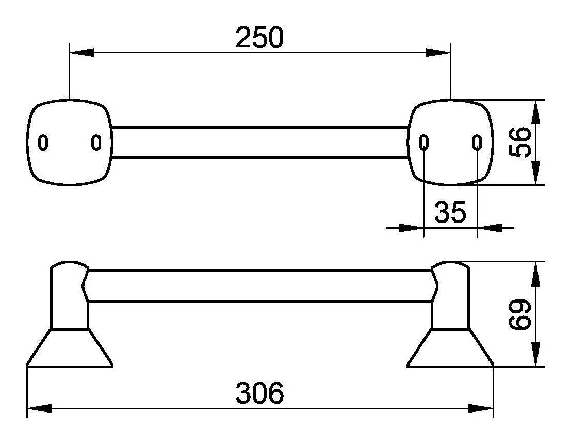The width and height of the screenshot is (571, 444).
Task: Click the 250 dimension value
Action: tap(259, 37)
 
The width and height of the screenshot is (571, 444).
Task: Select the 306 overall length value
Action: tap(259, 393)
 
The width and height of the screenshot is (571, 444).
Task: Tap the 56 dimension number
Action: tap(519, 142)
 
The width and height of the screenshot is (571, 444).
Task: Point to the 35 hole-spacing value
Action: tap(450, 212)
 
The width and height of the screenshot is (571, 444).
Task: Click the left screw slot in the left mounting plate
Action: tap(43, 142)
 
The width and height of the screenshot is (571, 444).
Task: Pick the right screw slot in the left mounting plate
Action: tap(96, 142)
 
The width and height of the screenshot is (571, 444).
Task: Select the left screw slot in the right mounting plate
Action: tap(423, 142)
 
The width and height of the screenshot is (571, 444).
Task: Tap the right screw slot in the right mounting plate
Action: tap(477, 142)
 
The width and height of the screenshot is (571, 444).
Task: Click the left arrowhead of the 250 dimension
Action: tap(82, 53)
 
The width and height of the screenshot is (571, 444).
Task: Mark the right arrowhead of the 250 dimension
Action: tap(438, 53)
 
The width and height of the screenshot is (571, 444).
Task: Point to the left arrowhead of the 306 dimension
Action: tap(39, 408)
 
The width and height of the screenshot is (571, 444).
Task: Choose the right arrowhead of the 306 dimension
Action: tap(481, 408)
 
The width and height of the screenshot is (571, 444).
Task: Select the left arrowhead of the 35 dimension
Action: tap(412, 228)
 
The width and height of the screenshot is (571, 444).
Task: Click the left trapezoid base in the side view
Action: tap(70, 348)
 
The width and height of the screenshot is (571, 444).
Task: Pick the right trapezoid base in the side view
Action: tap(450, 348)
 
